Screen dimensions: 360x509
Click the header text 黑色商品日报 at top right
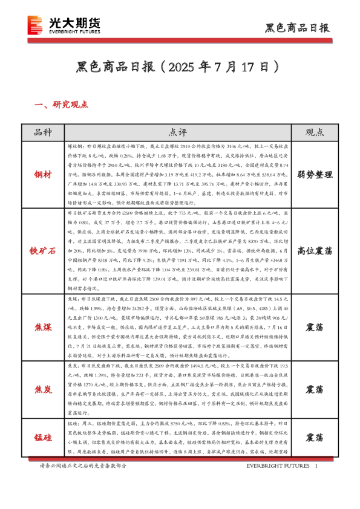pos(298,28)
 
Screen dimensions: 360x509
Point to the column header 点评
pos(177,133)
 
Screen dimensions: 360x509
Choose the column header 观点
pos(314,133)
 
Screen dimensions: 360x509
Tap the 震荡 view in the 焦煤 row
pos(314,326)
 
